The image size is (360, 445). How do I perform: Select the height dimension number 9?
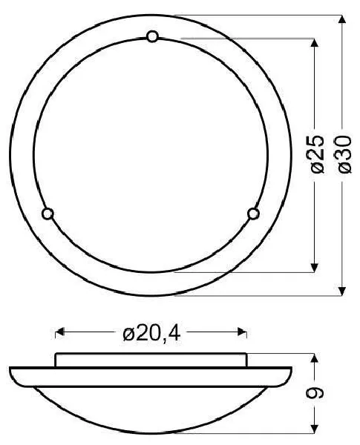pyautogui.click(x=315, y=392)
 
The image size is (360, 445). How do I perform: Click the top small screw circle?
pyautogui.click(x=152, y=36)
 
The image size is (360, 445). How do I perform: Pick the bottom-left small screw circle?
pyautogui.click(x=48, y=214)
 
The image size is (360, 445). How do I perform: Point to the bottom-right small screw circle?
pyautogui.click(x=253, y=214)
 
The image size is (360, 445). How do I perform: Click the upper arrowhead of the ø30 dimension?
pyautogui.click(x=342, y=19)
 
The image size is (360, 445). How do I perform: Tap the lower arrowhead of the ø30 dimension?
pyautogui.click(x=342, y=291)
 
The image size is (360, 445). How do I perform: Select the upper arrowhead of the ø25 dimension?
pyautogui.click(x=314, y=42)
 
